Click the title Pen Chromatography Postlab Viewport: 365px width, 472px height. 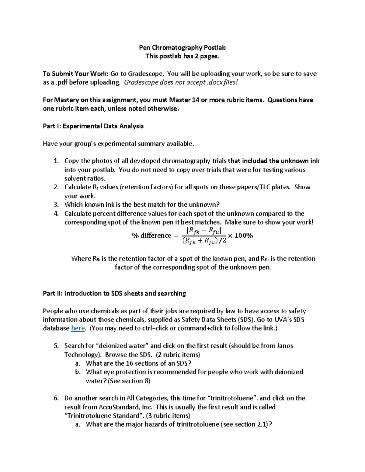pos(182,47)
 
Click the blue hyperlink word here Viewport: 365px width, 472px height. pos(78,328)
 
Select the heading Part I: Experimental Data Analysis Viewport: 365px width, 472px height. pos(93,126)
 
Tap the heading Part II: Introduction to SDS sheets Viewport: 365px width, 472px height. pos(114,293)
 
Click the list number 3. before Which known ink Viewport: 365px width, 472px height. pos(56,205)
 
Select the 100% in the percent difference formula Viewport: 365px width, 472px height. pos(244,236)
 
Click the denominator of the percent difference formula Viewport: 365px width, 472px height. pos(204,241)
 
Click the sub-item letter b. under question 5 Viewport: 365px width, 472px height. pos(78,372)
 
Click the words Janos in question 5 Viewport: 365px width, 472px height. pos(285,346)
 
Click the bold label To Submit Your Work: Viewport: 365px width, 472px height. pos(75,74)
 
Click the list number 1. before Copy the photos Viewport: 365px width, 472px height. pos(56,161)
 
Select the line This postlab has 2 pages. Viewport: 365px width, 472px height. pos(182,56)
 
